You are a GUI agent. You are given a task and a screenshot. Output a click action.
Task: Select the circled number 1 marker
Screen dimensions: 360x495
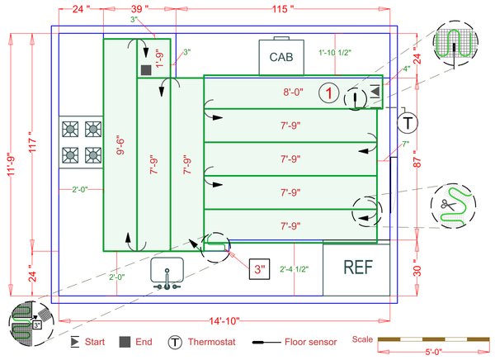[328, 94]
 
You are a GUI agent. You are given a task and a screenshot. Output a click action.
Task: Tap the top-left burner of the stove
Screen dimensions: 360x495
[71, 129]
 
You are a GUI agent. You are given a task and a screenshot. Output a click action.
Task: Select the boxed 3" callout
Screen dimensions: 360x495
[260, 269]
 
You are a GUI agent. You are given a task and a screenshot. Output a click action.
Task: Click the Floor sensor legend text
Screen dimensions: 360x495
[313, 342]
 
